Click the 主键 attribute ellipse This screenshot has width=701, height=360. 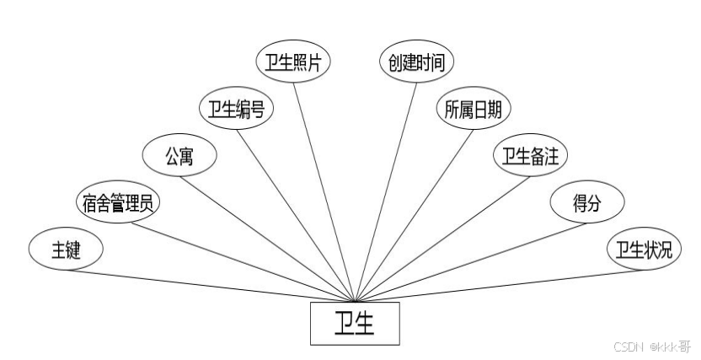coord(66,250)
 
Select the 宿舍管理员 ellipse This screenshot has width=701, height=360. coord(117,203)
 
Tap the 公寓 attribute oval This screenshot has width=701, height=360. coord(179,156)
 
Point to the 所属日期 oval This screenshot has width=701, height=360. coord(473,110)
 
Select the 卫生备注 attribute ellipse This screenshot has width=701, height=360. coord(531,156)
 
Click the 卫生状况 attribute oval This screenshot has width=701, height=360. coord(644,250)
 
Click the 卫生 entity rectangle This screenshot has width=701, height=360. coord(355,324)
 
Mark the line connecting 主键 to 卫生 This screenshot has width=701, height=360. coord(211,285)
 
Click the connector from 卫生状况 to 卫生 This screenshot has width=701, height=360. coord(497,285)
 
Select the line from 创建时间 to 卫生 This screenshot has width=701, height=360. coord(387,185)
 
